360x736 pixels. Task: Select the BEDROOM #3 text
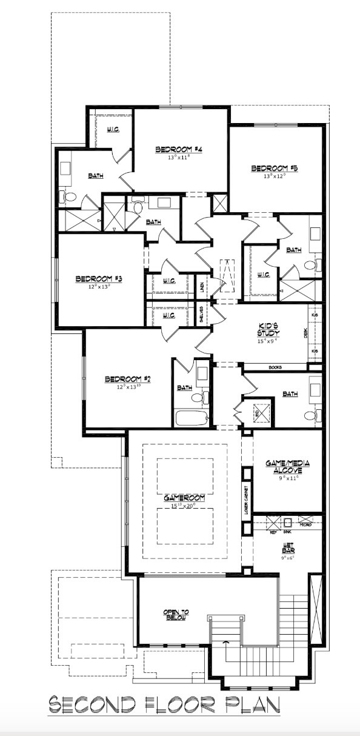tap(99, 279)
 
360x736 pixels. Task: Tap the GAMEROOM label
tap(184, 497)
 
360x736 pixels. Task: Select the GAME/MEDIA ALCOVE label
tap(288, 466)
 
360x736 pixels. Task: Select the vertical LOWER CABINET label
tap(247, 499)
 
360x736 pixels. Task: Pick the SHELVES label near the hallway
tap(201, 315)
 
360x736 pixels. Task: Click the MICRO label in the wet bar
tap(306, 524)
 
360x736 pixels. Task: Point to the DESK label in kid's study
tap(305, 333)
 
